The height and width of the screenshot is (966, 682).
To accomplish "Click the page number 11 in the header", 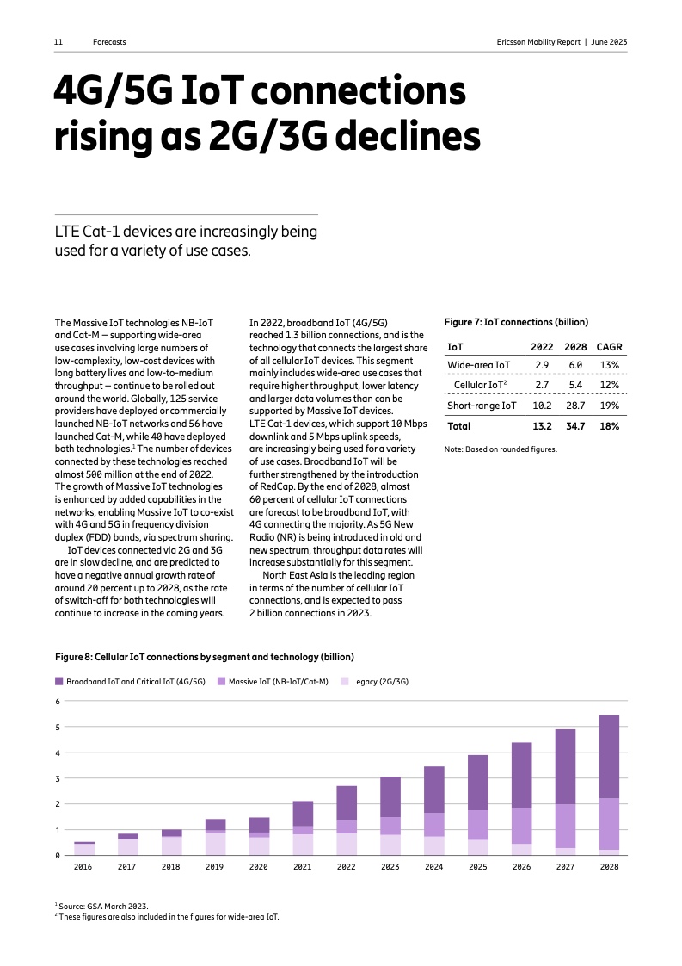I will pos(58,41).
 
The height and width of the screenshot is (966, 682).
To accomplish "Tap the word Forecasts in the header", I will pos(110,41).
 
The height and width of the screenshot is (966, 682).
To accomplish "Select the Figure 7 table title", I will pos(515,322).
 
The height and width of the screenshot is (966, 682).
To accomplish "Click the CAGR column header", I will pos(609,347).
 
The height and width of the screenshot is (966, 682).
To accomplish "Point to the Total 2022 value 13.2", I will pos(541,426).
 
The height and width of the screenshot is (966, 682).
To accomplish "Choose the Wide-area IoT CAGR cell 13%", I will pos(609,365).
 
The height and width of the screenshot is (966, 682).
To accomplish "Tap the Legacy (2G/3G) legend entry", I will pos(379,681).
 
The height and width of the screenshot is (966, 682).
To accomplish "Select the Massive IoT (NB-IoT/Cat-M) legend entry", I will pos(278,681).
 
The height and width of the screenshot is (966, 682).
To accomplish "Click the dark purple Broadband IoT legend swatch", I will pos(59,681).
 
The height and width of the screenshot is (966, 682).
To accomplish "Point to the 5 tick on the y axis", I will pos(58,727).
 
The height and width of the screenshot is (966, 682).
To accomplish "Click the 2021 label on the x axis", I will pos(302,867).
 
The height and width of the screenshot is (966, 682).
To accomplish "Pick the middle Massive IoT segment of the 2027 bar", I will pos(564,826).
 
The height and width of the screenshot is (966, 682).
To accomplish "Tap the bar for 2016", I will pos(83,848).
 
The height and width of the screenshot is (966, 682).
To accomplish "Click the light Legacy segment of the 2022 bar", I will pos(346,844).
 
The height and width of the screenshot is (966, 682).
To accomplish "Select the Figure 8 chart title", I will pos(205,658).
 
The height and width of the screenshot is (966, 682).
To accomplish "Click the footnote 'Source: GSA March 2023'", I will pos(103,906).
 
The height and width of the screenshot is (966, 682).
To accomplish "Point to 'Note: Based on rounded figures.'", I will pos(500,449).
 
